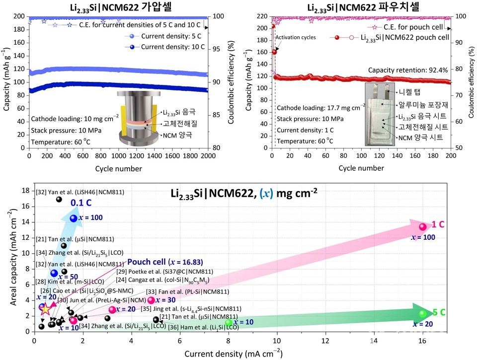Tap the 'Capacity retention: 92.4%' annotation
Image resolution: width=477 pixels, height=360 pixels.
(408, 70)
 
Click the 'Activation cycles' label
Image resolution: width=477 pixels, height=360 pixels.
(296, 37)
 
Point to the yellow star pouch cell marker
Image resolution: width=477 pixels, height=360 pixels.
(45, 309)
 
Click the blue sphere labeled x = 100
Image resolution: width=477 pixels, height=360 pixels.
(74, 218)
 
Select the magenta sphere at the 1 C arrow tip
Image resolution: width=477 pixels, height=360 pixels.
(422, 227)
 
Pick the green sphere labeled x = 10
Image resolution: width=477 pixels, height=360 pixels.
(229, 322)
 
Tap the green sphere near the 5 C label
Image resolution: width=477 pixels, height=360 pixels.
(422, 313)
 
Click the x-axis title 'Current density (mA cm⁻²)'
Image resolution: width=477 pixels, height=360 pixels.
(233, 354)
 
